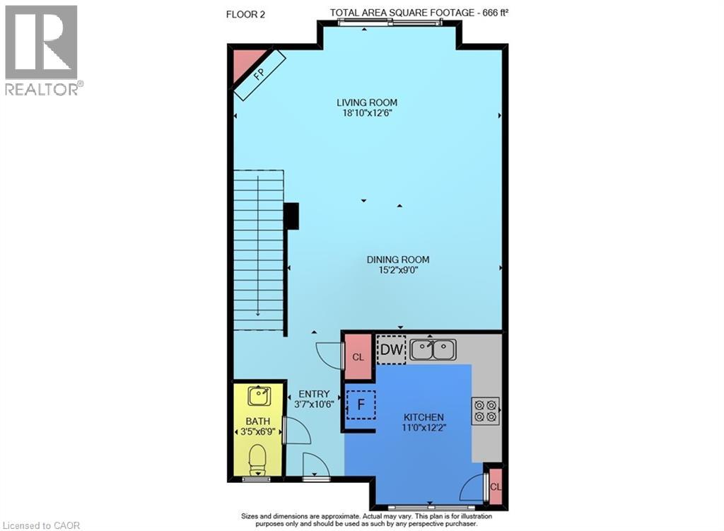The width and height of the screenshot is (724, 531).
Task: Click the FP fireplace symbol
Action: coord(259,75)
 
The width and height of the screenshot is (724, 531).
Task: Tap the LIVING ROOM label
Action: coord(366,103)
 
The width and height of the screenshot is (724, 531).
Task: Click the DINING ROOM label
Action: coord(397,259)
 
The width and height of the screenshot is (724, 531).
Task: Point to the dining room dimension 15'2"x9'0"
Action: coord(397,269)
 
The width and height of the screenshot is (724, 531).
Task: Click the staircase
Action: coord(259,251)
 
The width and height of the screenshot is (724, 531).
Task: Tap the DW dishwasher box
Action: coord(391,349)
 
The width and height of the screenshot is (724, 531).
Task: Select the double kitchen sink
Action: coord(433,349)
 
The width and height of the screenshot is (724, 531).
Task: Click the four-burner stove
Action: coord(485,411)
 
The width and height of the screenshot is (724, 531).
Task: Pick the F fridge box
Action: coord(361,405)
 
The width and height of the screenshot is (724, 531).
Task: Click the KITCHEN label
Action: coord(424,417)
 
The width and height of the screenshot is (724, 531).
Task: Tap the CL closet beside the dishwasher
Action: coord(358,357)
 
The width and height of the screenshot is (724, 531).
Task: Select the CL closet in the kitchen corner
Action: coord(496,486)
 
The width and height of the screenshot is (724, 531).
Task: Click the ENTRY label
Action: coord(313,395)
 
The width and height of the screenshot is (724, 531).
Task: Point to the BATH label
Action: coord(258,421)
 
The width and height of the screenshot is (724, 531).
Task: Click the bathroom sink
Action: coord(259,396)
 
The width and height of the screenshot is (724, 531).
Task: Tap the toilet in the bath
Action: coord(258,460)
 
